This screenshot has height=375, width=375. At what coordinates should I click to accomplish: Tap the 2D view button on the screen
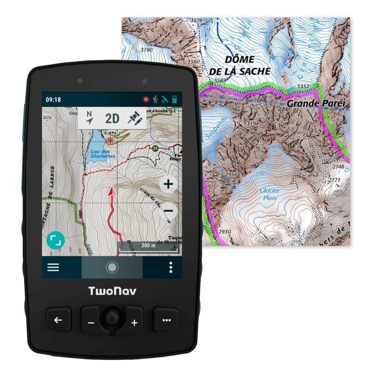point(112,118)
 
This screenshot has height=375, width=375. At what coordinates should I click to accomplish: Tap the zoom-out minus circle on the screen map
point(168,211)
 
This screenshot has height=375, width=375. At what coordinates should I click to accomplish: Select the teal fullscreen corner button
point(56,240)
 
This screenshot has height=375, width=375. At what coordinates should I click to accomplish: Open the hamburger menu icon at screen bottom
point(53,267)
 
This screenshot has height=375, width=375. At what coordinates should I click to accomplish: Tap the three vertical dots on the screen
point(171,267)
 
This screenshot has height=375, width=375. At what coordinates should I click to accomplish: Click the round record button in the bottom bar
point(112,267)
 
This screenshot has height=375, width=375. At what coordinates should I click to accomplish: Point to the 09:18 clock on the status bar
point(53,100)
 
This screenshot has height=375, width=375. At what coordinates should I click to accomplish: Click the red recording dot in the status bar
point(146,100)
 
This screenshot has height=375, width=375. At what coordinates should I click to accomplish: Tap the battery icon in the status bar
point(174,100)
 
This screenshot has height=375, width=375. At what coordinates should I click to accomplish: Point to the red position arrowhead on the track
point(112,191)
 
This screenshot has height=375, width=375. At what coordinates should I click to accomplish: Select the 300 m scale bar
point(148,247)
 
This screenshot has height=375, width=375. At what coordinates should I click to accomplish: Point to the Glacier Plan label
point(270,194)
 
